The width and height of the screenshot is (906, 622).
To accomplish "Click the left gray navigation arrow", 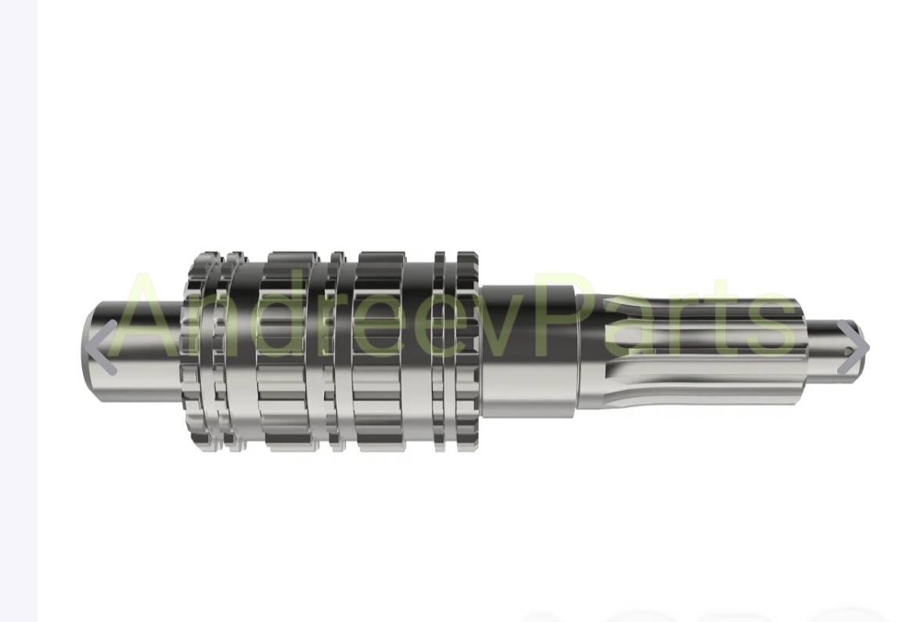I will point(100,347).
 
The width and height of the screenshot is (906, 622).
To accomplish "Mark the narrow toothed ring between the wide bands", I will point(336,352).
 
